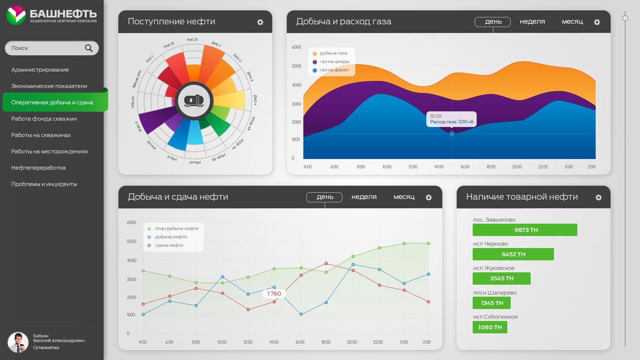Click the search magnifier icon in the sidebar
[89, 48]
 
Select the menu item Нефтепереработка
[38, 168]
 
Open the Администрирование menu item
[40, 70]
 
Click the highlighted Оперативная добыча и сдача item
[52, 102]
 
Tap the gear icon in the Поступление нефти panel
[260, 22]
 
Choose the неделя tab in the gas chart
[532, 21]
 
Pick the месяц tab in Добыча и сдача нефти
[404, 197]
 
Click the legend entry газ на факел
[334, 70]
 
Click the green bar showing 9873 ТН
[525, 230]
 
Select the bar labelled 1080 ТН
[490, 327]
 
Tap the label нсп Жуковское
[494, 268]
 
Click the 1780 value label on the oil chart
[274, 294]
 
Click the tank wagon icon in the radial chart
[194, 101]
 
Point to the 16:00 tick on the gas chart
[465, 167]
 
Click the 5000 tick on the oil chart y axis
[131, 241]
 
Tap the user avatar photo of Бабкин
[18, 342]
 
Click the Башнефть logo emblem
[16, 16]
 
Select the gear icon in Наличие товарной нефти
[598, 197]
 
